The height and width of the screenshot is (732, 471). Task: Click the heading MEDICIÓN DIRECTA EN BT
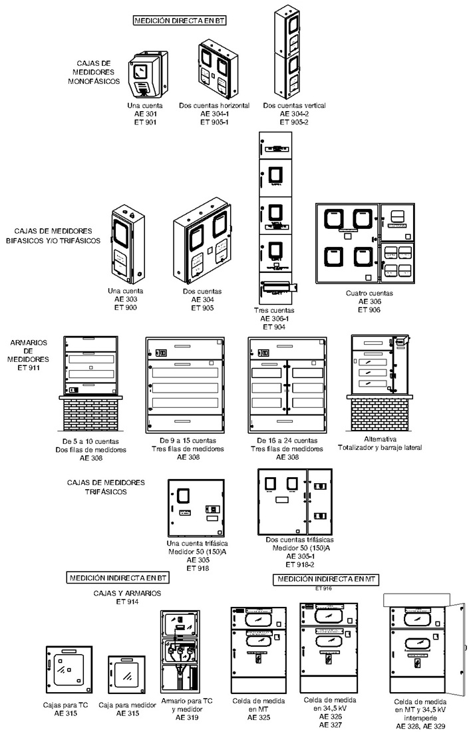tap(180, 21)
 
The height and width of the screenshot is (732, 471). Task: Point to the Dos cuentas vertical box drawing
tap(290, 53)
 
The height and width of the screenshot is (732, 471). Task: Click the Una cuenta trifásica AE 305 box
tap(194, 506)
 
